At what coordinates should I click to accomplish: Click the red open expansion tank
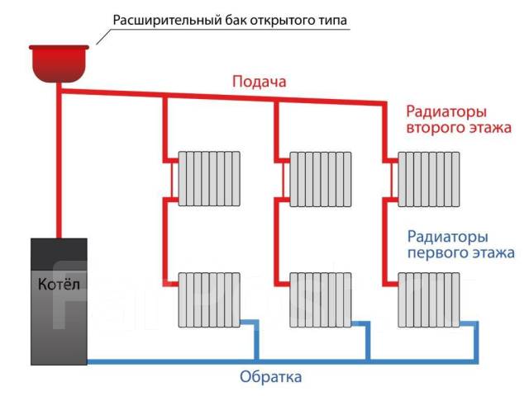click(59, 64)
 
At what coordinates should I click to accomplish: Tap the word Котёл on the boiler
click(59, 284)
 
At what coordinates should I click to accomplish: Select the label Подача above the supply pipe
click(259, 82)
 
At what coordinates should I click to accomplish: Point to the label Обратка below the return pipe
click(270, 376)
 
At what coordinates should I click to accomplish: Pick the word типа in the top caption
click(332, 21)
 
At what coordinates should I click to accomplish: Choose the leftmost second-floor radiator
click(209, 179)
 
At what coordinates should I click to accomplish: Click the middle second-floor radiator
click(321, 179)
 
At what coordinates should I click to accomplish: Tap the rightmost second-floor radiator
click(429, 179)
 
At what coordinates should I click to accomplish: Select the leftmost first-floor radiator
click(209, 299)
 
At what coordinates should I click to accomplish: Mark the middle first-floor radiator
click(321, 299)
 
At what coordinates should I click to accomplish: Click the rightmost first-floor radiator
click(429, 299)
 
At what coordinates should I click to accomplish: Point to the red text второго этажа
click(459, 128)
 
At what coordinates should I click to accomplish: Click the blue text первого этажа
click(461, 253)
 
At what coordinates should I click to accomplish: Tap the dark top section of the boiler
click(59, 254)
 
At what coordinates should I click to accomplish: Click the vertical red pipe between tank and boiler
click(59, 161)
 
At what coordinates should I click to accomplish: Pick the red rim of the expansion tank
click(59, 48)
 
